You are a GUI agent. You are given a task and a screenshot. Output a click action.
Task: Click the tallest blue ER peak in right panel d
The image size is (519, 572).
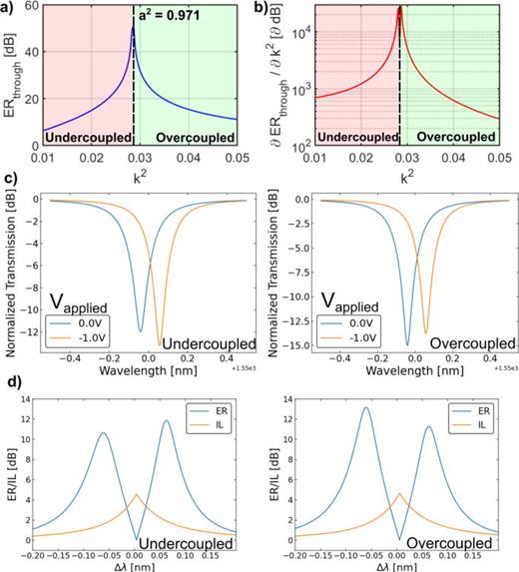pos(365,407)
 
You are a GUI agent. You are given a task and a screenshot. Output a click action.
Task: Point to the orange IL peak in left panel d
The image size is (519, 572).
pos(137,494)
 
